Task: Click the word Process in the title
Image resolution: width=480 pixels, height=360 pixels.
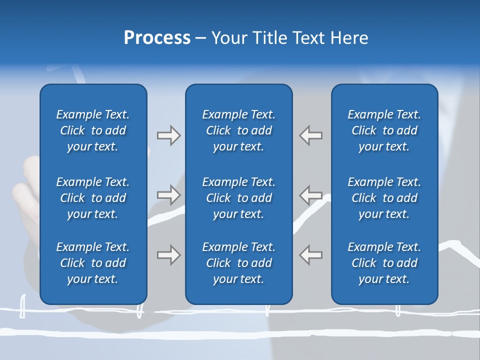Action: (157, 38)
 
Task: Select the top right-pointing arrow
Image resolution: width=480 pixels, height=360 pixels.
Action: (168, 135)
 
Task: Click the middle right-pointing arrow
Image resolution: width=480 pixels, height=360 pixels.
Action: (168, 195)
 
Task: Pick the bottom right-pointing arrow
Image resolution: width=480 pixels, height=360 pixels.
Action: (168, 255)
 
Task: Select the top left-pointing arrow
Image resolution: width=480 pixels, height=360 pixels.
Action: (311, 135)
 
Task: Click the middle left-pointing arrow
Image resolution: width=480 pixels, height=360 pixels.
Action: (311, 195)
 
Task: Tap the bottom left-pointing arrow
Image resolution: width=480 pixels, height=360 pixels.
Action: (311, 255)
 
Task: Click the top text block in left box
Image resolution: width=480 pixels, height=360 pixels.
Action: (93, 130)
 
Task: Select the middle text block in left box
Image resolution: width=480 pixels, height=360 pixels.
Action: (93, 198)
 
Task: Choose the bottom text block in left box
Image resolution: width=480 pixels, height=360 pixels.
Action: (93, 263)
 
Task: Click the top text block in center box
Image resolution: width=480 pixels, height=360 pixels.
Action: (238, 130)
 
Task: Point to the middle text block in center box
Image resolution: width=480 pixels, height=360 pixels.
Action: (238, 198)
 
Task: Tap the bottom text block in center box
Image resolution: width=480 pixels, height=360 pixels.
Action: (238, 263)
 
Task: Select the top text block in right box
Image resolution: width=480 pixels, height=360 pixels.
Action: (384, 130)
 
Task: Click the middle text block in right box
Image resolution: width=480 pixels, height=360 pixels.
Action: (384, 198)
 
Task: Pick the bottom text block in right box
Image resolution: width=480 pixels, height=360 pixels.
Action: (384, 263)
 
